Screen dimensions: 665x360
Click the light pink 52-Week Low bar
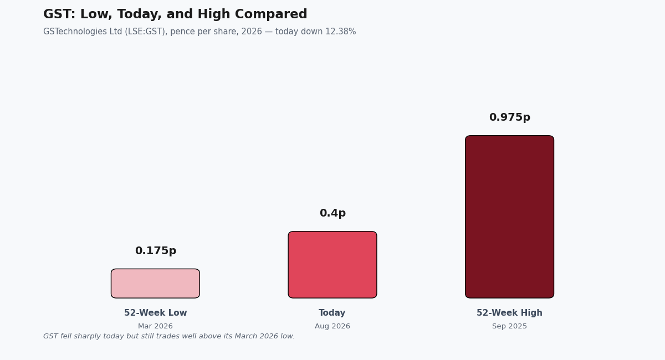pos(155,284)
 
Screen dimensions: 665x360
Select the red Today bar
pos(332,265)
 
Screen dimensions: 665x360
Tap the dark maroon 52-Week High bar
pos(509,217)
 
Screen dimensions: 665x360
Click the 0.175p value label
pos(156,251)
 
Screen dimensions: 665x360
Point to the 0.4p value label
pos(332,213)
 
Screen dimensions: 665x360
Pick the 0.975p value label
pos(510,117)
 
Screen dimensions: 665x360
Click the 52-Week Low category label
pos(156,313)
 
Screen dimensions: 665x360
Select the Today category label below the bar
pos(332,313)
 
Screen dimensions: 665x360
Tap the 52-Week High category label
pos(509,313)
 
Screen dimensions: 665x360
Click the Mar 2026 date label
pos(155,326)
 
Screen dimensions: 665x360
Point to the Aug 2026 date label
pos(332,326)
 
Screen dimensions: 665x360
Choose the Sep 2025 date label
pos(509,326)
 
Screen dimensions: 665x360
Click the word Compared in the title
pos(271,14)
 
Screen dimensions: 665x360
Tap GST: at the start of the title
pos(59,14)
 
